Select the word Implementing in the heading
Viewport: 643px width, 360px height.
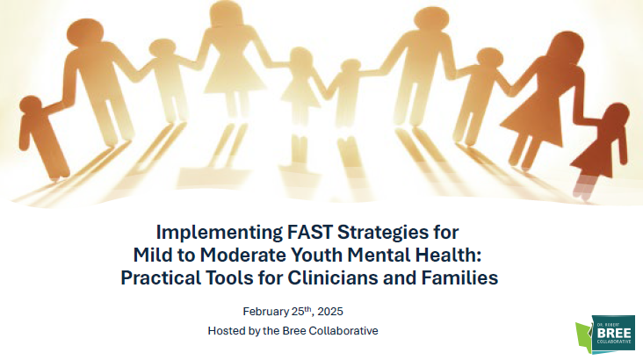point(219,233)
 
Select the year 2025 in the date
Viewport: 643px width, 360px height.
point(330,312)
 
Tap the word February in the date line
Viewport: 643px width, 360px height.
point(266,312)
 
